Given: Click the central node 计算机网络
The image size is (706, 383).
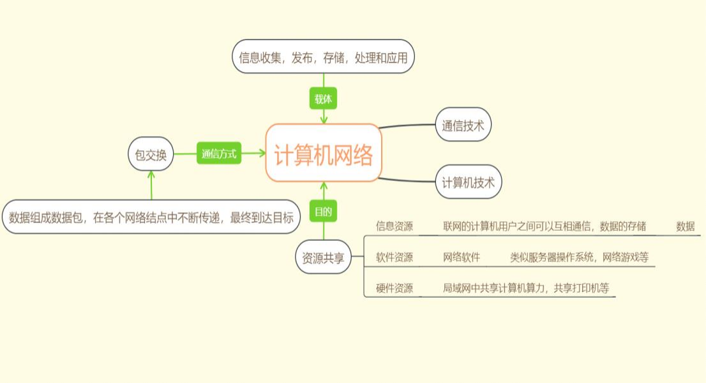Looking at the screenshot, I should pos(324,154).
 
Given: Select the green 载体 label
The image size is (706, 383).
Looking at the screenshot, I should pos(323,99).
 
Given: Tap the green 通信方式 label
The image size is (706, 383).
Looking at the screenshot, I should pos(219,154).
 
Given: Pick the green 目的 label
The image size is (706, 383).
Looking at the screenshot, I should pos(323,211).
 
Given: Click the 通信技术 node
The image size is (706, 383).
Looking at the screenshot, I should pos(463,126).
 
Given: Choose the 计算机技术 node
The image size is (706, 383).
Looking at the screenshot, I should pos(469,182).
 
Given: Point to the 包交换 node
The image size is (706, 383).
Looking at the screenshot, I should pos(151,155).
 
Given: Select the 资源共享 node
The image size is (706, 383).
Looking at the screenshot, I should pos(323,258).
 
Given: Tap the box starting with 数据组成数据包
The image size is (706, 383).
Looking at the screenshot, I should pos(151,217).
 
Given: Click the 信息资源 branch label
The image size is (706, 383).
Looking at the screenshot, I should pos(394,226).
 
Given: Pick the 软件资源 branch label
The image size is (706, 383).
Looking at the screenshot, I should pos(394,257).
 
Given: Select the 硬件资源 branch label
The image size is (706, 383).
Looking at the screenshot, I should pos(394,288).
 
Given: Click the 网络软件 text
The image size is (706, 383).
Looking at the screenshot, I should pos(462,257).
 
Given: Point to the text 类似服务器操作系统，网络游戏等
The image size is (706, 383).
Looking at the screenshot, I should pos(579,257).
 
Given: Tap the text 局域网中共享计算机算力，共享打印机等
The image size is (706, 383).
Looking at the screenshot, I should pos(526,288).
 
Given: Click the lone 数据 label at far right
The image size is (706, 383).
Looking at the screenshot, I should pos(685,226).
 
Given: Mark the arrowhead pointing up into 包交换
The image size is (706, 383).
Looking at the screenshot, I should pos(151,174).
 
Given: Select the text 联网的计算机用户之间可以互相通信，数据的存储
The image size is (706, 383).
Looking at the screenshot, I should pos(545,226).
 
